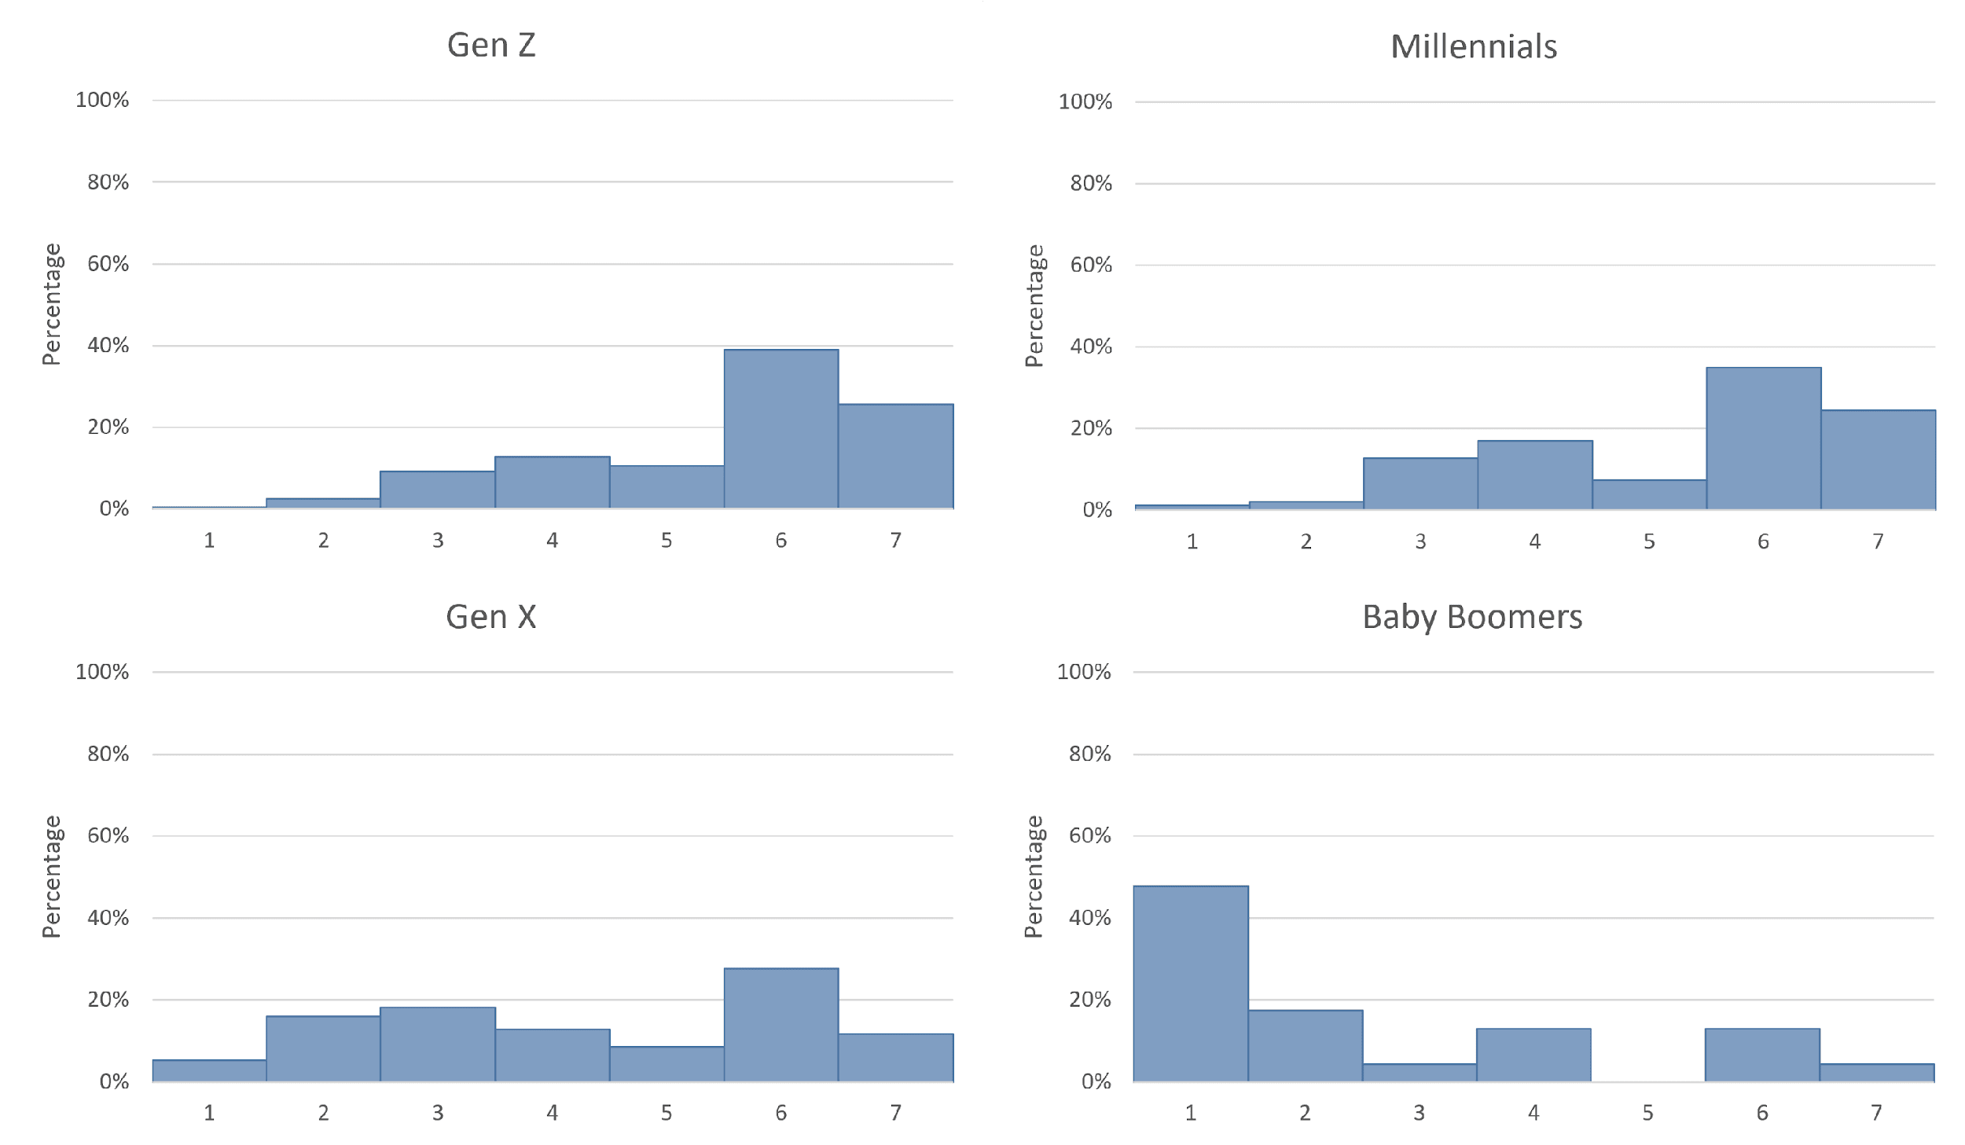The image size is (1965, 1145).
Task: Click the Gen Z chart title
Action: pos(491,46)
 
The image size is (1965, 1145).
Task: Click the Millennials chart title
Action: pos(1474,47)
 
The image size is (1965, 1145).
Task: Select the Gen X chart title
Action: pos(491,617)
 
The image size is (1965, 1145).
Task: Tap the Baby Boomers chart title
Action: pos(1472,617)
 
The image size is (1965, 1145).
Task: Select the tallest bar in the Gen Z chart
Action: pos(780,429)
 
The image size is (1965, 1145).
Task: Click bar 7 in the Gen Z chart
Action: pos(895,457)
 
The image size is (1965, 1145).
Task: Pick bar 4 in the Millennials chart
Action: pos(1534,475)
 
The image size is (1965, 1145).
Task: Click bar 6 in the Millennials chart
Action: pos(1763,439)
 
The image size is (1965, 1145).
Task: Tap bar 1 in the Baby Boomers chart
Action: pos(1191,984)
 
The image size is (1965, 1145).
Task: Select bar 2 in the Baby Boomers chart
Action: pos(1305,1046)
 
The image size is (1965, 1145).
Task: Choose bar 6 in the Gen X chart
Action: pos(780,1025)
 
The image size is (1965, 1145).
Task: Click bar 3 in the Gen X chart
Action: pos(438,1044)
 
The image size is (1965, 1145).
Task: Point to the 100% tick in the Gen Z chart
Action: pos(102,100)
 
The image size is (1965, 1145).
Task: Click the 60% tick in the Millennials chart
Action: pos(1090,265)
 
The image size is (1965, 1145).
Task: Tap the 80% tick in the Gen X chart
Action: pos(108,754)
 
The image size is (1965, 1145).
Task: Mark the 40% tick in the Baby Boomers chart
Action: pos(1089,918)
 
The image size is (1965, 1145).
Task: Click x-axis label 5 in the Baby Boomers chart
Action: pos(1647,1113)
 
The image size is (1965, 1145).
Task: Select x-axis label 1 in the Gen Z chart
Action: pos(209,541)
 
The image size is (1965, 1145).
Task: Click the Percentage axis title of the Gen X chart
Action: pos(51,876)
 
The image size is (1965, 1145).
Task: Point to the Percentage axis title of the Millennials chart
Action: pos(1034,306)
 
